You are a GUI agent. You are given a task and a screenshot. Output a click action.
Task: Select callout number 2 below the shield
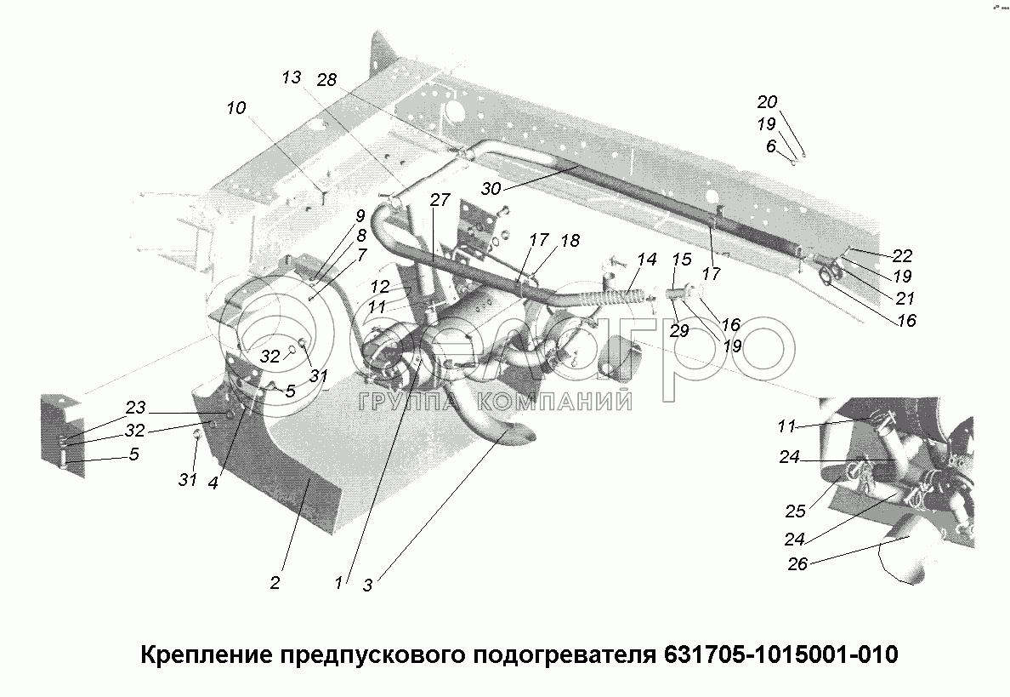(x=275, y=583)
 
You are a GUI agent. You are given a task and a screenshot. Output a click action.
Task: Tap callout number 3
(x=367, y=585)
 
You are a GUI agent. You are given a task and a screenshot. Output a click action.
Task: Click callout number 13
(x=291, y=77)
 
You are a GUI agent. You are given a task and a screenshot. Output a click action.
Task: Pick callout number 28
(x=327, y=80)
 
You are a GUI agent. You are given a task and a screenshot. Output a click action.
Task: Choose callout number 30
(x=491, y=189)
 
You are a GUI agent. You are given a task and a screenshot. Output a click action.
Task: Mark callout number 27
(x=439, y=200)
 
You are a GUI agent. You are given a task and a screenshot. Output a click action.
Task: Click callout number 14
(x=647, y=260)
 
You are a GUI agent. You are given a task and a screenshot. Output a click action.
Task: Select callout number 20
(x=767, y=102)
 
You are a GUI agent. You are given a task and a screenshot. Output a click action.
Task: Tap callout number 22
(x=902, y=255)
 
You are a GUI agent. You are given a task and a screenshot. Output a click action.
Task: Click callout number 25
(x=795, y=511)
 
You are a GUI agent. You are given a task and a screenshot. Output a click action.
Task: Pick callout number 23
(x=136, y=407)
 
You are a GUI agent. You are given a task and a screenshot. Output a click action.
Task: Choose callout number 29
(x=678, y=331)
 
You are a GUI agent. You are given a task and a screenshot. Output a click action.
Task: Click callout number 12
(x=379, y=287)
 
